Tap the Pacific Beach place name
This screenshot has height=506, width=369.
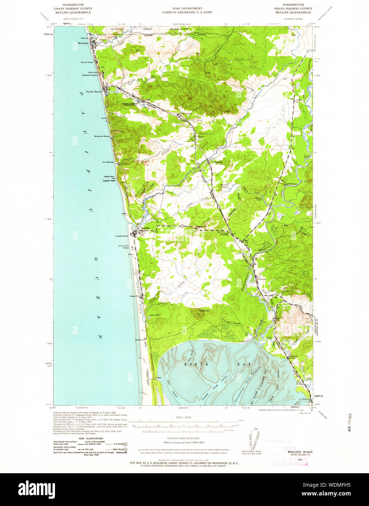(94, 92)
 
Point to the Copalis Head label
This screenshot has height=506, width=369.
(109, 181)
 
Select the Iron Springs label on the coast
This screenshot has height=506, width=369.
(108, 162)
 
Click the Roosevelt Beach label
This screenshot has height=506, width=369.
(102, 136)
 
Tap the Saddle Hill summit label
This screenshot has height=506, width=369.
(204, 311)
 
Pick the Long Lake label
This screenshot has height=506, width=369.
(154, 315)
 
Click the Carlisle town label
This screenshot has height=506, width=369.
(218, 162)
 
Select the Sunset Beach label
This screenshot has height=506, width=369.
(87, 62)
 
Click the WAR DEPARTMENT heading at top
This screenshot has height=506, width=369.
(187, 8)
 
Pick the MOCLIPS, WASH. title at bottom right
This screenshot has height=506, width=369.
(302, 451)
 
